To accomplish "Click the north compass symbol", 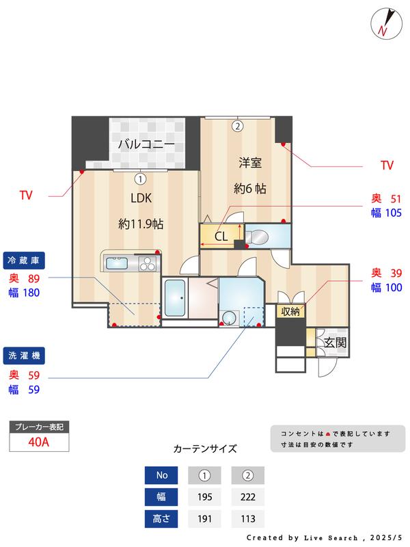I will [384, 23].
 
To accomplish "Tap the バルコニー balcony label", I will [146, 144].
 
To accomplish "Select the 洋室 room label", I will [250, 163].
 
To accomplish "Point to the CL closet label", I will [221, 237].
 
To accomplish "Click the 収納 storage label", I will [291, 312].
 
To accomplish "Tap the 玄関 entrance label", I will [336, 343].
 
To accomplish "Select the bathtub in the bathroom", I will [176, 299].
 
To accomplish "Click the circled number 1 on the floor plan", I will [140, 180].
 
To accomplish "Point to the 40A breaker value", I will [39, 442].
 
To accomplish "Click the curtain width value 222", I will [248, 497].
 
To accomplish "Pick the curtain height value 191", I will [204, 519].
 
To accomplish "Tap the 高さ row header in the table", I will [161, 519].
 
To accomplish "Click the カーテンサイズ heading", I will [205, 449].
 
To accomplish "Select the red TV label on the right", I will [387, 165].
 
